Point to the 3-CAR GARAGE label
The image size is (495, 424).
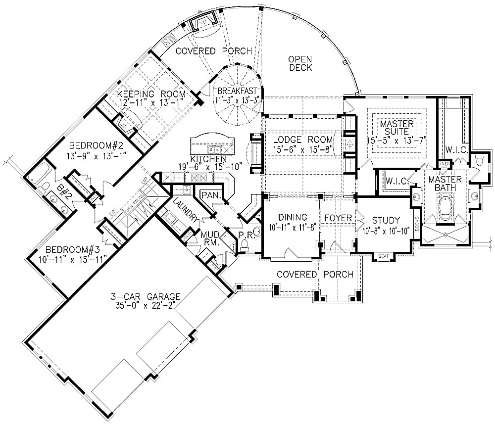[145, 297]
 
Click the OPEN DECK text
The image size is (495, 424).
[300, 63]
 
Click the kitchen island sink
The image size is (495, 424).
[214, 148]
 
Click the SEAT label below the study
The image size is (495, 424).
[383, 256]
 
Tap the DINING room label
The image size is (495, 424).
[293, 217]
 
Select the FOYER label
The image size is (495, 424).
[338, 218]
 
